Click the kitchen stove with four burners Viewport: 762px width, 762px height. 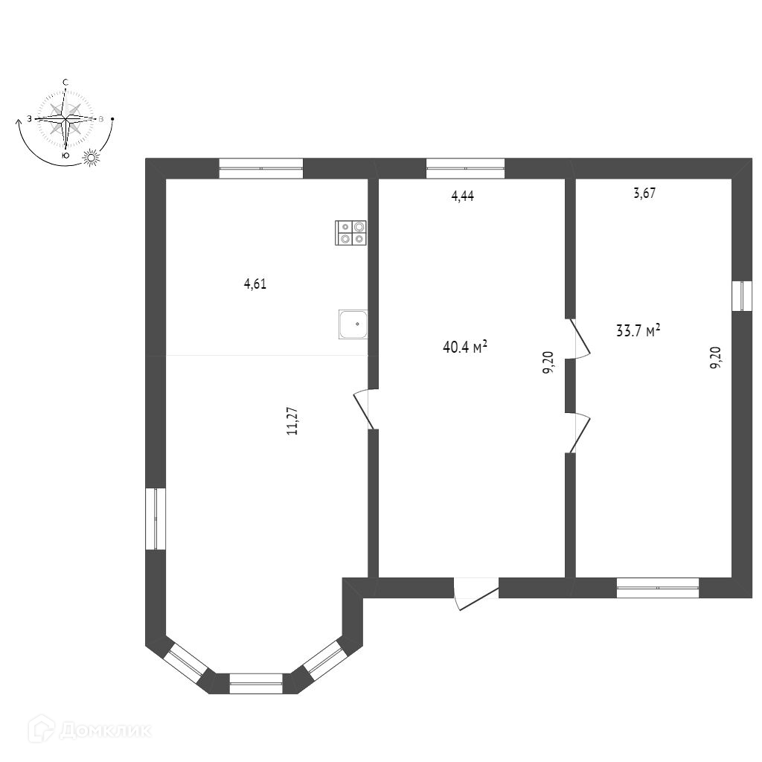351,232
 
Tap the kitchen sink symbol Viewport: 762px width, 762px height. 353,324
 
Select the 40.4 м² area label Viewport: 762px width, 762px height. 465,346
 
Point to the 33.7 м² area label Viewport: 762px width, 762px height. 638,330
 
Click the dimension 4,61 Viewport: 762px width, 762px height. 255,284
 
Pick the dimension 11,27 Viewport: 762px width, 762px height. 292,420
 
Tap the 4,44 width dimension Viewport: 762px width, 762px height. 463,196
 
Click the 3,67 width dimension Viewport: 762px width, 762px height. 644,193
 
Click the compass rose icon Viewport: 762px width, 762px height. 66,119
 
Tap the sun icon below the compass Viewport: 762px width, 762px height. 92,157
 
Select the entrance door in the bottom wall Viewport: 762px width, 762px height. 476,593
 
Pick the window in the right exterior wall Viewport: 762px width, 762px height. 743,296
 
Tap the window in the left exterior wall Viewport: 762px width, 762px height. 155,519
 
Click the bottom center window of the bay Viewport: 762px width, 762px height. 256,683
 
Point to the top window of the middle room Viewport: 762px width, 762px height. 465,169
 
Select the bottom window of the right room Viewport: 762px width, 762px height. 658,589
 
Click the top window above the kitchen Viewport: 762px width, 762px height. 261,169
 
